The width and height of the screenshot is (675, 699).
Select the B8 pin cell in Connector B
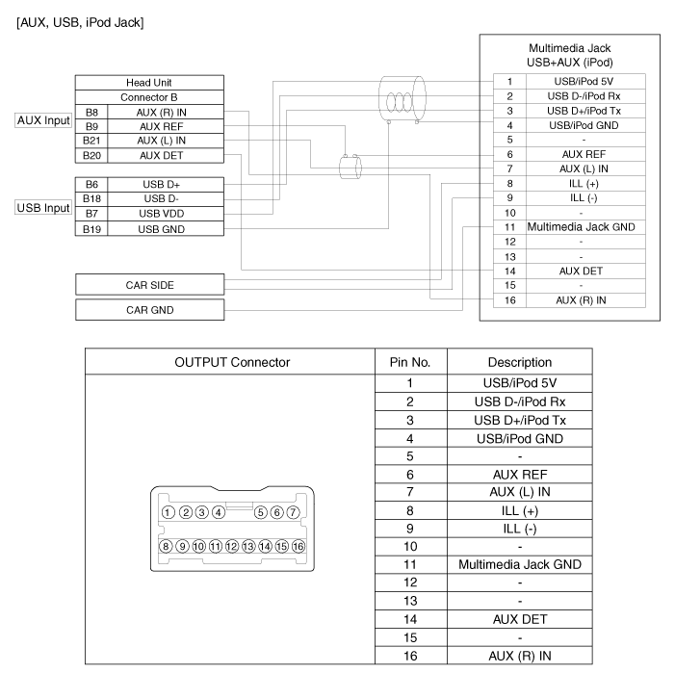click(x=91, y=112)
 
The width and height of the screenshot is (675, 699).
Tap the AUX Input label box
click(x=43, y=122)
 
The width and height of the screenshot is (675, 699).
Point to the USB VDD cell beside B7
click(x=162, y=213)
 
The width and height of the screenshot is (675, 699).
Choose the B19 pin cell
click(x=91, y=228)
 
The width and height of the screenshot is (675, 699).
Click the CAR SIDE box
click(x=149, y=285)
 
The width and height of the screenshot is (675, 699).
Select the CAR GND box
click(x=149, y=310)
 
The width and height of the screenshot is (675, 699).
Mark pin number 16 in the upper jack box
click(x=508, y=300)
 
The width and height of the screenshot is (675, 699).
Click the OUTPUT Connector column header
click(x=231, y=362)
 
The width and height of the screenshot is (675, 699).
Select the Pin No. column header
click(x=409, y=362)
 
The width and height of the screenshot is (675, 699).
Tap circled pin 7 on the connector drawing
click(x=294, y=511)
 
